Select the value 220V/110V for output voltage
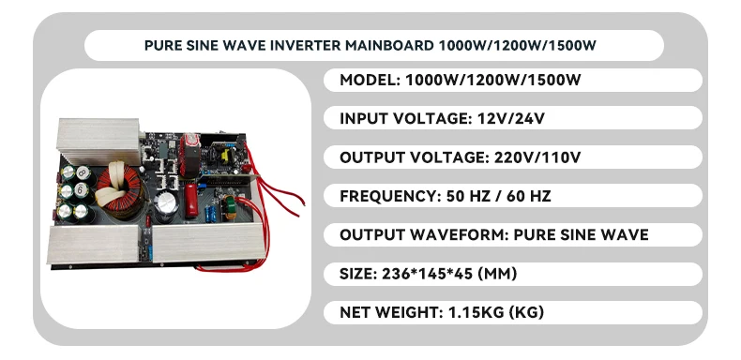(537, 157)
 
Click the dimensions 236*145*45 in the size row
(425, 274)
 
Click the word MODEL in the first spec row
(370, 80)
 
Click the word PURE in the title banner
(159, 45)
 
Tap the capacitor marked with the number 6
(82, 191)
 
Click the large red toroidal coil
(118, 190)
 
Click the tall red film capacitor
(191, 201)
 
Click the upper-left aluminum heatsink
(98, 141)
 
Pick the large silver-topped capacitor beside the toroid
(166, 206)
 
